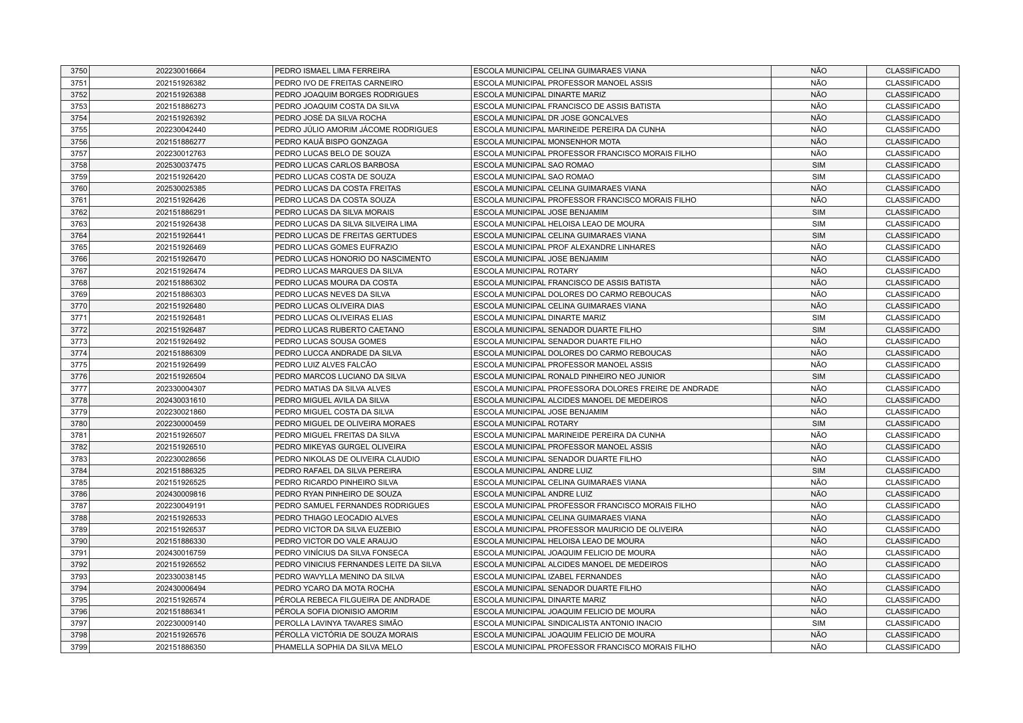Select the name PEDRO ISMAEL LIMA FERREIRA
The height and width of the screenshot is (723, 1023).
332,71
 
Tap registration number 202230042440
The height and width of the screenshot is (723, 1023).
180,130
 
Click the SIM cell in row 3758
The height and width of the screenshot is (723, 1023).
818,165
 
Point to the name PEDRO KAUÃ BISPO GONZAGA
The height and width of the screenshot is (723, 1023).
331,142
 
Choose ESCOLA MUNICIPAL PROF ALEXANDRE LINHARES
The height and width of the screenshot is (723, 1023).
564,247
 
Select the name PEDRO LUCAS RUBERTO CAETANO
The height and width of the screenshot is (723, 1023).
339,330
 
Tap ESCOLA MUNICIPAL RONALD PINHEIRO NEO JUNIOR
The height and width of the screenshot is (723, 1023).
569,377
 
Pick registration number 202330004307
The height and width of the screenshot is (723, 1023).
180,389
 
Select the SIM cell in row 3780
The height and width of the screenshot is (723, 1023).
818,424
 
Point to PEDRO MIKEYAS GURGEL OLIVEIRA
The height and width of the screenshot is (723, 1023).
340,447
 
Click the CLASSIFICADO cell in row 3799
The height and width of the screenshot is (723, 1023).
912,647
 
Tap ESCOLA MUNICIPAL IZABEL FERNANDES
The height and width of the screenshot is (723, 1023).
547,577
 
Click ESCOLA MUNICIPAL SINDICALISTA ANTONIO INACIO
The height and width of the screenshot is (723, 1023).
567,623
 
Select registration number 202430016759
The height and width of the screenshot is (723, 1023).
180,553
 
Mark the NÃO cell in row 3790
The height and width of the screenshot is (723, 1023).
818,541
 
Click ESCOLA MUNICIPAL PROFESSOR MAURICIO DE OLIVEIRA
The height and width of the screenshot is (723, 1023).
578,530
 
